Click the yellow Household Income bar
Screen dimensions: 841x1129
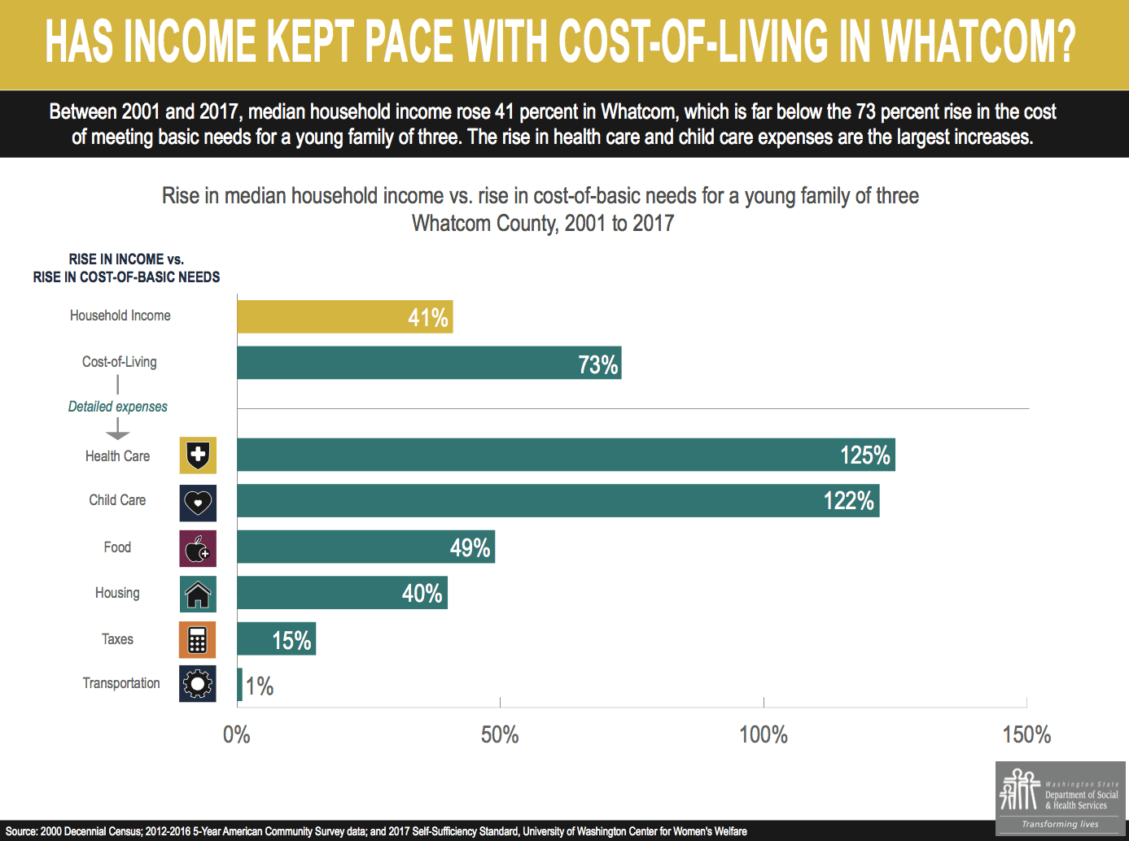(x=344, y=316)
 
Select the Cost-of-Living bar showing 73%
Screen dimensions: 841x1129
(x=429, y=363)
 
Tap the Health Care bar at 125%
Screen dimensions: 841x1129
(x=566, y=455)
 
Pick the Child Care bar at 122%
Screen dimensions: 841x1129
(x=558, y=501)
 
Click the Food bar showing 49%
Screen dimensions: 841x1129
(x=365, y=547)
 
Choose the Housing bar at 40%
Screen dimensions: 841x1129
(x=342, y=593)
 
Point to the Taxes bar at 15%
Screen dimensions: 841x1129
(x=276, y=639)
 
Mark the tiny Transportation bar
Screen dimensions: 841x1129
(x=240, y=685)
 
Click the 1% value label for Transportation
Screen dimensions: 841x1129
(x=260, y=686)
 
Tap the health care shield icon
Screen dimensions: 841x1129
(x=198, y=455)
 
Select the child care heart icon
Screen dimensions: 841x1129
(x=198, y=503)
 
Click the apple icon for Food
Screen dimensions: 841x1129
(x=198, y=549)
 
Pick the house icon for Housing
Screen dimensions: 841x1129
(x=198, y=595)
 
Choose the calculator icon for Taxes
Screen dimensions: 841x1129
(x=198, y=640)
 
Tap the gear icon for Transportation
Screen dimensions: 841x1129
(x=198, y=684)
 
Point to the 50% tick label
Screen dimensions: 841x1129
(x=500, y=735)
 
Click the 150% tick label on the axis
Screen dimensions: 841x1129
(x=1026, y=735)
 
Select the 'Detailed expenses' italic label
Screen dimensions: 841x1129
(x=118, y=407)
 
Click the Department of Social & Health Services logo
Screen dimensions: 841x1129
(x=1060, y=798)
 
